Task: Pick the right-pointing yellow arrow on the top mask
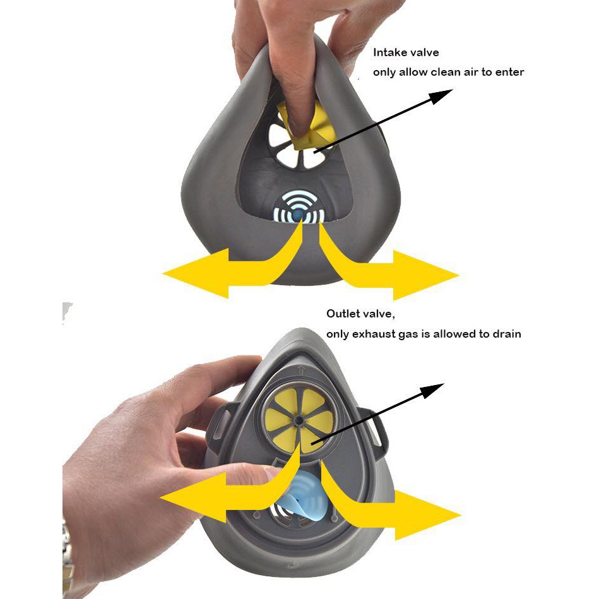[382, 268]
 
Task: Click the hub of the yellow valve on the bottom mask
[299, 420]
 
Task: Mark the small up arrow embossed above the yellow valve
[302, 370]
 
